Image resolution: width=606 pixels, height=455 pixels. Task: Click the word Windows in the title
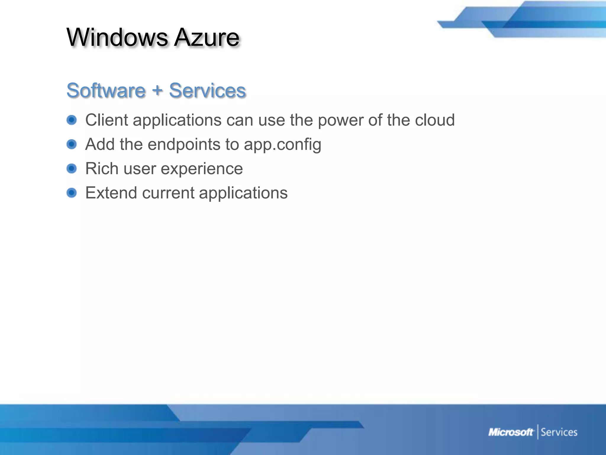tap(117, 38)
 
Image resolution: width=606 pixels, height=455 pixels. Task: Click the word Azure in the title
tap(207, 38)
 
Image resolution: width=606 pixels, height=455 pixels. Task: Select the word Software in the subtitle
tap(106, 90)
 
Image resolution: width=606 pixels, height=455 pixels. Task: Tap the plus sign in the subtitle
tap(157, 90)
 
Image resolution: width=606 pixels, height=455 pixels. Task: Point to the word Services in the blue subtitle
tap(207, 90)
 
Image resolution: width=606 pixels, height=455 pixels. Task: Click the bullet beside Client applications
tap(72, 120)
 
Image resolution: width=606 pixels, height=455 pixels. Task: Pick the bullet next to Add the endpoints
tap(72, 144)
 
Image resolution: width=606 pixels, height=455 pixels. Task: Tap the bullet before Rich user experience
tap(72, 169)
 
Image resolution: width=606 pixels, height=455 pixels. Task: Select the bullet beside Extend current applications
tap(72, 193)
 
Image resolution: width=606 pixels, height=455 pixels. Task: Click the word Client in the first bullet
tap(107, 120)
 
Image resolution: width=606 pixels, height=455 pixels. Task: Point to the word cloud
tap(435, 120)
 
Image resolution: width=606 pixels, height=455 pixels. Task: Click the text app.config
tap(282, 145)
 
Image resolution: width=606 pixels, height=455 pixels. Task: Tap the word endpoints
tap(184, 145)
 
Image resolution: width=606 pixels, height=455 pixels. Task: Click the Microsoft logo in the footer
tap(511, 432)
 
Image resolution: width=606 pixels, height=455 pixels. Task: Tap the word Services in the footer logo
tap(559, 432)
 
